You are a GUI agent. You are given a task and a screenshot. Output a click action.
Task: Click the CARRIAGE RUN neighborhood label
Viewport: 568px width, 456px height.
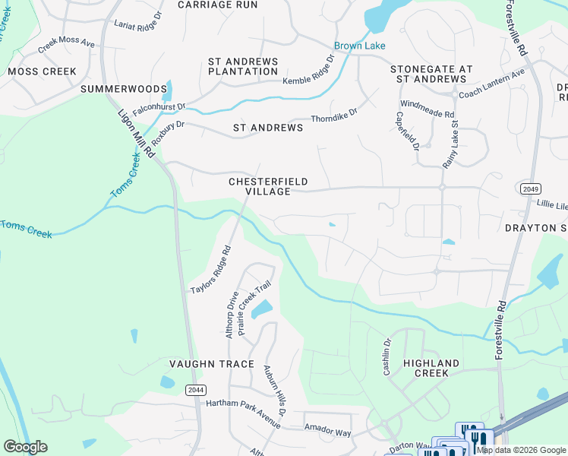coord(217,5)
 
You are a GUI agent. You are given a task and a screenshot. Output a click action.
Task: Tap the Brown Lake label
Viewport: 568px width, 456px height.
coord(361,46)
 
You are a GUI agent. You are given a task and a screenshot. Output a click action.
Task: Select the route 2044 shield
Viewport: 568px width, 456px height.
coord(194,389)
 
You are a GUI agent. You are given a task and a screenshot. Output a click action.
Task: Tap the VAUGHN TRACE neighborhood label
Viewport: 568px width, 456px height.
coord(211,364)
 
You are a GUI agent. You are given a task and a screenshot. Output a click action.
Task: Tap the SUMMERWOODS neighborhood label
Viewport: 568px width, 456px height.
coord(118,90)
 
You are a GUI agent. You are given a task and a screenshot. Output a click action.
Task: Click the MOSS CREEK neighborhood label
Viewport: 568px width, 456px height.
coord(42,71)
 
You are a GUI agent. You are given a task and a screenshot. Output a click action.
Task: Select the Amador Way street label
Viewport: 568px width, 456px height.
coord(327,431)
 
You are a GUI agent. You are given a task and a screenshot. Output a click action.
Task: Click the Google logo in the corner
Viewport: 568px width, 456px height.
coord(25,447)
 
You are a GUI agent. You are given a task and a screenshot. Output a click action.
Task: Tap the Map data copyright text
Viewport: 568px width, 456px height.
coord(521,450)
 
